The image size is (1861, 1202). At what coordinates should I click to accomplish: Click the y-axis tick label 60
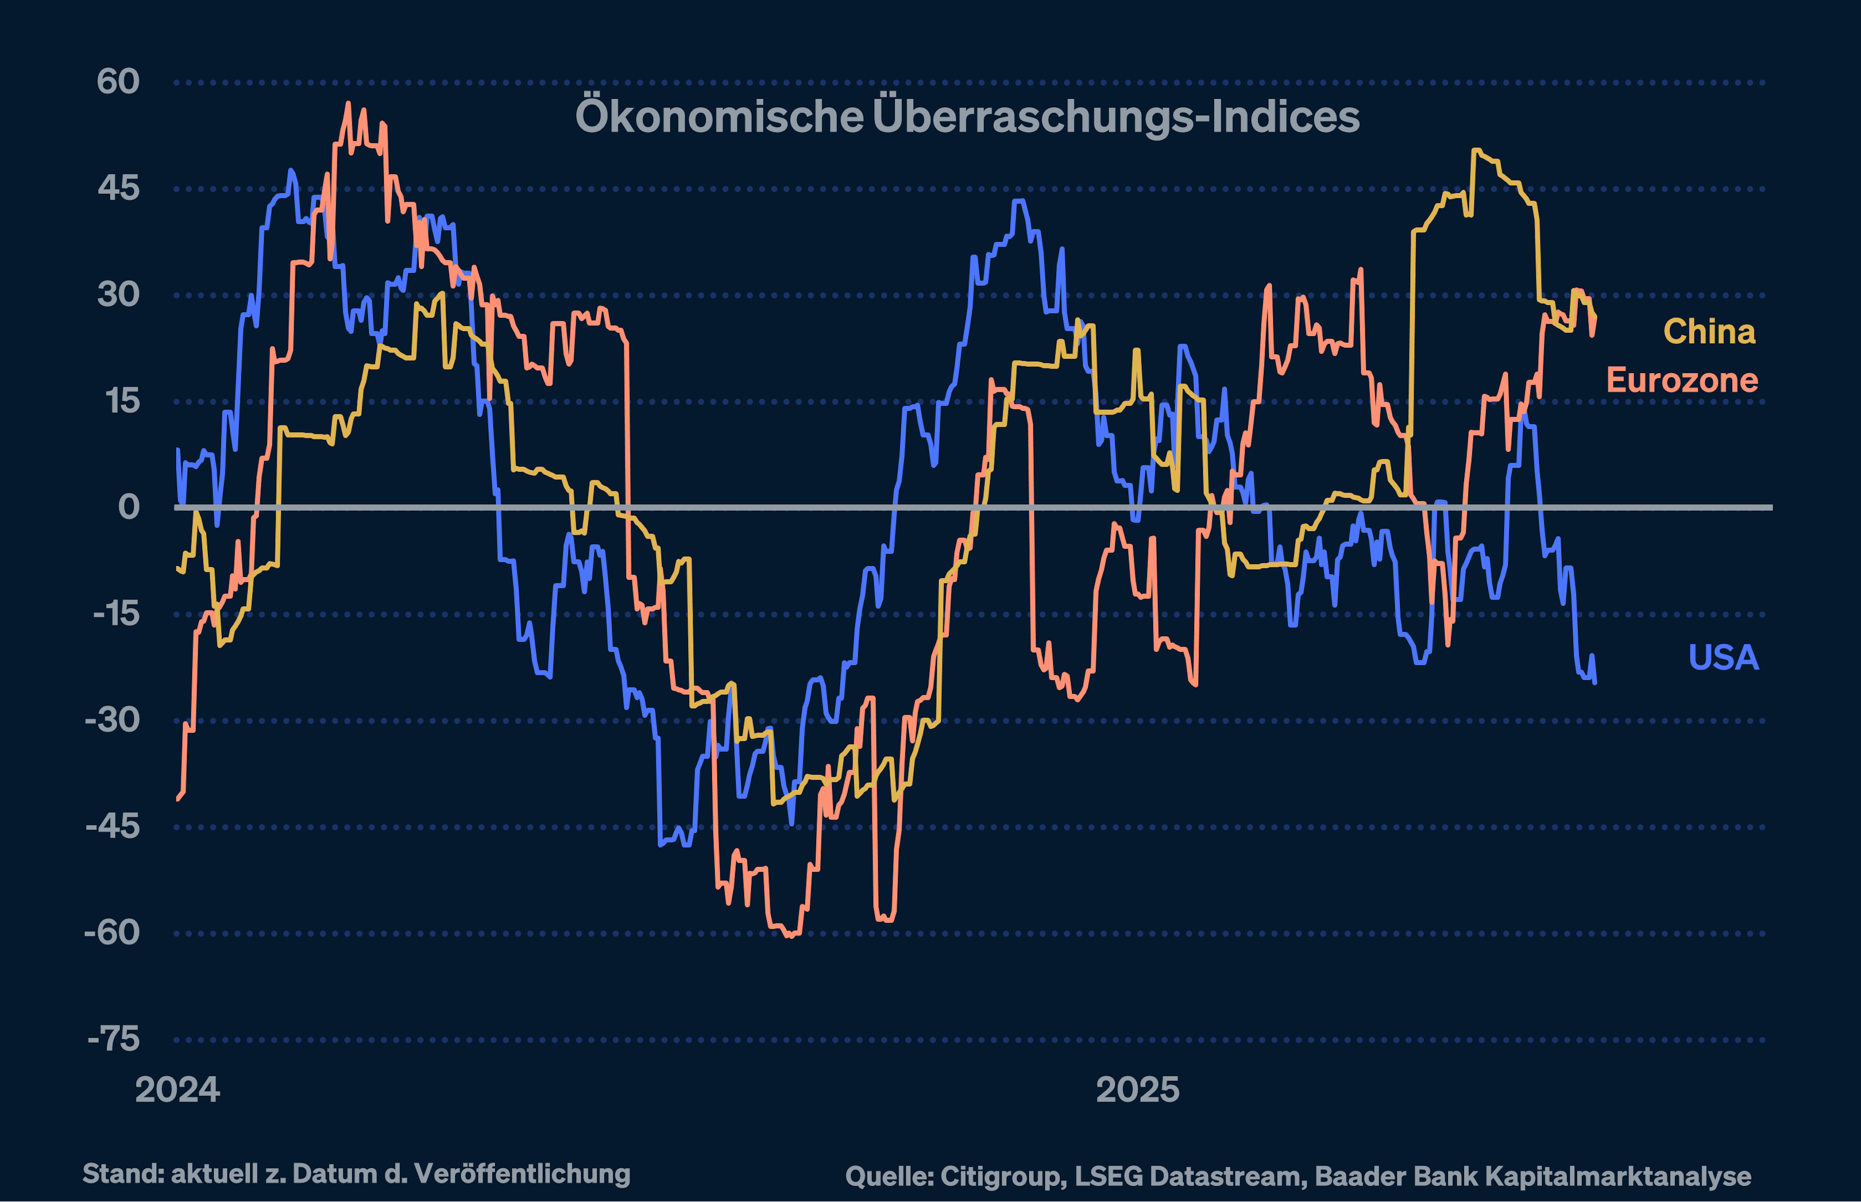(x=118, y=82)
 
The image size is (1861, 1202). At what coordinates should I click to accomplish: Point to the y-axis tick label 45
(x=118, y=188)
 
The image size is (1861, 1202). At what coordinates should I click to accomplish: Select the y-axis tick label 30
(x=118, y=295)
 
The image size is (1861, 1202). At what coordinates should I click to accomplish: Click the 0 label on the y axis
(x=129, y=507)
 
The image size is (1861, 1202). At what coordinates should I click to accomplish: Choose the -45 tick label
(x=112, y=827)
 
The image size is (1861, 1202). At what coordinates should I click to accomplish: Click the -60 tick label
(x=112, y=933)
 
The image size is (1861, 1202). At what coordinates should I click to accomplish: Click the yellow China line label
(x=1710, y=332)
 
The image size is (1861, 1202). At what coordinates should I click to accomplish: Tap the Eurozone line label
(x=1682, y=381)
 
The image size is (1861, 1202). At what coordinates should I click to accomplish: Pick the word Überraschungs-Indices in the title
(x=1116, y=118)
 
